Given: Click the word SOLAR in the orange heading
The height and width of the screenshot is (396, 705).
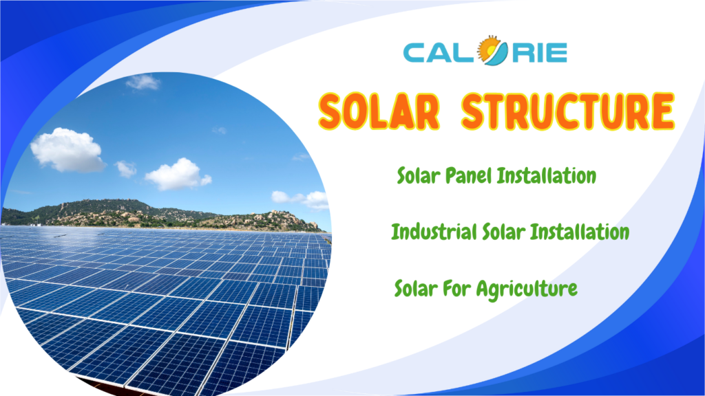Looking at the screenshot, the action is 379,111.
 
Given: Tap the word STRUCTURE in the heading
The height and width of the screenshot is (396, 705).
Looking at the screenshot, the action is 568,111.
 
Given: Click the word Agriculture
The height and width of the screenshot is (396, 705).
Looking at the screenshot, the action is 527,289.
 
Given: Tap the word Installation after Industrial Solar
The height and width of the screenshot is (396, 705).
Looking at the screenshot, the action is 580,232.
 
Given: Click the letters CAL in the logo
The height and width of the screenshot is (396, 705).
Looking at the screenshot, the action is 440,52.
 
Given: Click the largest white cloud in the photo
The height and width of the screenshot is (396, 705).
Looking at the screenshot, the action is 67,151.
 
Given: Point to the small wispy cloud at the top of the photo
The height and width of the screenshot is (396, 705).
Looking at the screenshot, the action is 143,82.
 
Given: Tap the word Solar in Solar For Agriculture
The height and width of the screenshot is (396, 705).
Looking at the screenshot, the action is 416,288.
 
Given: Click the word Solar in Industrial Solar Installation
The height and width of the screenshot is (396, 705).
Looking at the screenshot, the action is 503,232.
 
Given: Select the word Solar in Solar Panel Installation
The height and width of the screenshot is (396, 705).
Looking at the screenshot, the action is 418,175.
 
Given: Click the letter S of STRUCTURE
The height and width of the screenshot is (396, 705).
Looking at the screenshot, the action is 476,111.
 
